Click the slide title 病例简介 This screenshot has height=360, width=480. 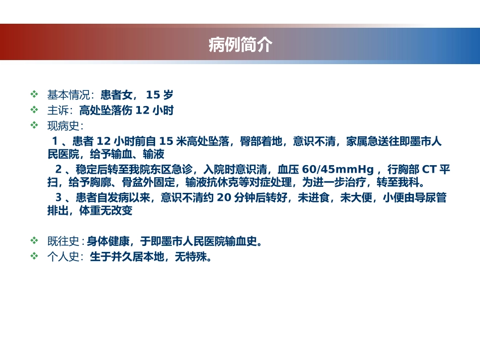pos(240,45)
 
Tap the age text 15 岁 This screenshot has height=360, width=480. pos(159,94)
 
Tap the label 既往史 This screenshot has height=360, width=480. pos(64,241)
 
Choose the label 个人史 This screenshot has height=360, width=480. pos(64,256)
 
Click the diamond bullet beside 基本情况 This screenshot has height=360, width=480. pos(34,94)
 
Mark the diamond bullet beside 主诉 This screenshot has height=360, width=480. pos(34,110)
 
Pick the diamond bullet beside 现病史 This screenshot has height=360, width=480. pos(34,125)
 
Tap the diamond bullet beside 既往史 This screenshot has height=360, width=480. pos(34,240)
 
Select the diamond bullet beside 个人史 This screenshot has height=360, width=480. pos(34,256)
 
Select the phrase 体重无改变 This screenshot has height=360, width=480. pos(106,211)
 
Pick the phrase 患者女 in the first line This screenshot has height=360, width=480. pos(116,94)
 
